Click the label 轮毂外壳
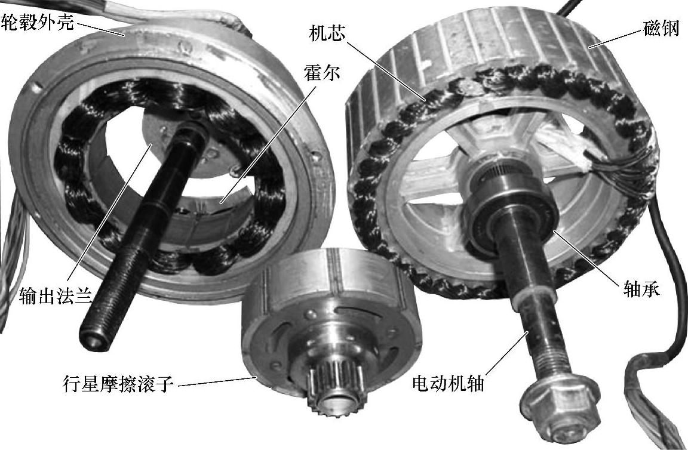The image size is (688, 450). tap(37, 22)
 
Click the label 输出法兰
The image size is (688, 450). tap(56, 297)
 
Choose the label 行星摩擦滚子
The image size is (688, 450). tap(118, 384)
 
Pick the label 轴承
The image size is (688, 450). tap(641, 289)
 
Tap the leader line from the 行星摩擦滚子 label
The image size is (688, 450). tap(216, 381)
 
